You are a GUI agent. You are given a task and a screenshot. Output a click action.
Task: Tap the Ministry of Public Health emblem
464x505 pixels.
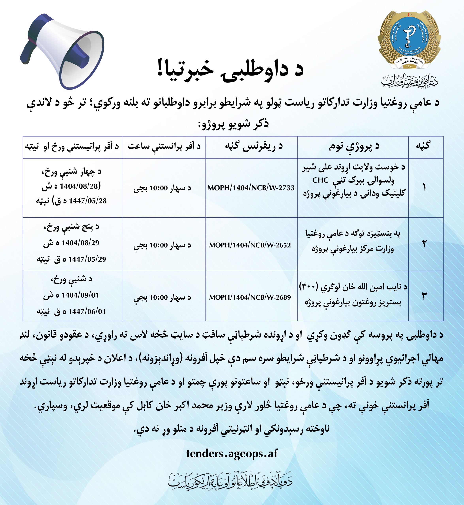coord(409,40)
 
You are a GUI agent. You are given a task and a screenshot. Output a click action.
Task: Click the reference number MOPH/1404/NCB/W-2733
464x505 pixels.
coord(251,188)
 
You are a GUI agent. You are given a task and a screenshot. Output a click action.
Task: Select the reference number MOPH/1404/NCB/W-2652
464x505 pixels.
coord(250,245)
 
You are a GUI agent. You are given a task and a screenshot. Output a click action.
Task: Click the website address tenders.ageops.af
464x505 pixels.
coord(232,454)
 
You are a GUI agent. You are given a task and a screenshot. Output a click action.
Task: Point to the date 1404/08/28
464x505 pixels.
coord(79,186)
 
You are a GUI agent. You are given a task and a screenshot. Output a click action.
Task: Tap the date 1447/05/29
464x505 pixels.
coord(87,259)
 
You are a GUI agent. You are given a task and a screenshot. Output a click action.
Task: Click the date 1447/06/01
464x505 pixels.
coord(87,311)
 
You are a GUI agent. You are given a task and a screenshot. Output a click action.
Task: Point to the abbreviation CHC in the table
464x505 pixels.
coord(320,180)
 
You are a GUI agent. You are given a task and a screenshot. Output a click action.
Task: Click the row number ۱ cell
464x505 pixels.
coord(424,187)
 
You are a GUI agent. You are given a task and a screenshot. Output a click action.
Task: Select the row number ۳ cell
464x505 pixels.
coord(424,296)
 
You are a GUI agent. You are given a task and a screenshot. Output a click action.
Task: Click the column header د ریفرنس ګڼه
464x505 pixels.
coord(254,147)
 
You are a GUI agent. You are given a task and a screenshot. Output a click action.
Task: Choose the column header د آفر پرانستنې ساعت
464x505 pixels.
coord(164,147)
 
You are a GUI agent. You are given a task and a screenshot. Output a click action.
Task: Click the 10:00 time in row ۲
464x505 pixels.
coord(158,245)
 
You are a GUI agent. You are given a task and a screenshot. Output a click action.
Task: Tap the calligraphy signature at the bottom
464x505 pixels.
coord(231,481)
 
